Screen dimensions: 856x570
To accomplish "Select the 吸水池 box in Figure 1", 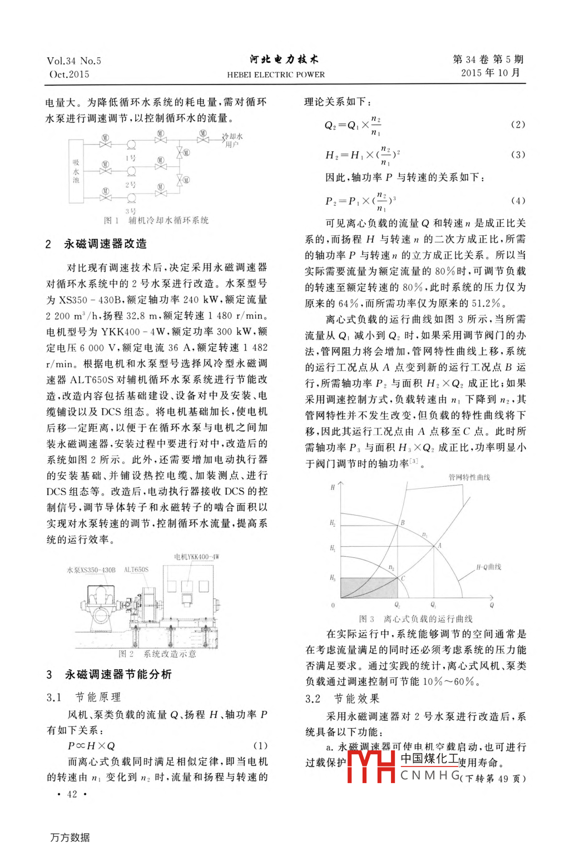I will point(76,171).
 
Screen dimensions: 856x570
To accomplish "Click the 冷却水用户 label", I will point(232,140).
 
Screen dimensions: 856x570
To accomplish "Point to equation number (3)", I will point(517,155).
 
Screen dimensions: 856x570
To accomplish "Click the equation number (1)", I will point(260,745).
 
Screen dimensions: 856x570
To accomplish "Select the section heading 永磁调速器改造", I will point(105,244).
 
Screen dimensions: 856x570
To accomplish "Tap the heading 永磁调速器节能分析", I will point(118,674).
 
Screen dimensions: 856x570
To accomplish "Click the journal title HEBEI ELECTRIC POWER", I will point(276,75).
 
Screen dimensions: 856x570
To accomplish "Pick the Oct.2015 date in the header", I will point(70,75).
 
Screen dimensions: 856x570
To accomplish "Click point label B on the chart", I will point(403,523).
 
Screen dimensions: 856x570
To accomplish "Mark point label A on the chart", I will point(439,546).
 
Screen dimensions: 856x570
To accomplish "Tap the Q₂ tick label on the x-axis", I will point(397,605).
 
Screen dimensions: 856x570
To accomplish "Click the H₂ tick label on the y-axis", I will point(333,523).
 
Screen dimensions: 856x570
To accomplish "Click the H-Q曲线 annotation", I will point(488,567).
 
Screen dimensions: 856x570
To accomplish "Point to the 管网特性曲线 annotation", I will point(469,477).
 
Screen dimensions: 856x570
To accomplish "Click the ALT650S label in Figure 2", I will point(136,570).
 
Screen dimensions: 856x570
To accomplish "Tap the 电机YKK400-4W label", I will point(196,557).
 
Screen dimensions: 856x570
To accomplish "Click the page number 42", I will point(72,794).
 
